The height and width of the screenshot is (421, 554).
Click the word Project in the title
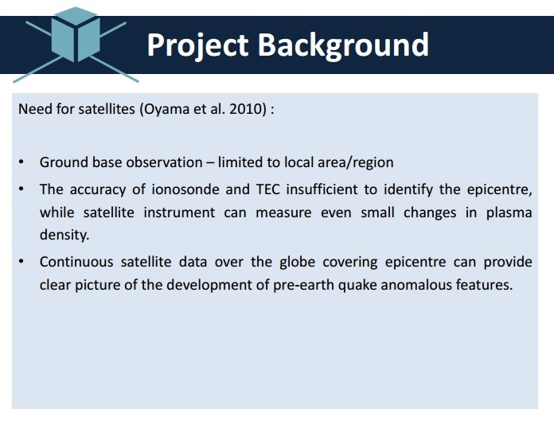click(197, 46)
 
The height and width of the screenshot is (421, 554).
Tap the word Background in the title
click(343, 46)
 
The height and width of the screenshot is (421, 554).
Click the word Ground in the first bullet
click(64, 162)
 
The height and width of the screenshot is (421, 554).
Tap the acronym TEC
click(267, 189)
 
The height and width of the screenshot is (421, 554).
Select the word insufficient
click(322, 189)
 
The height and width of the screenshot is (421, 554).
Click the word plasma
click(509, 213)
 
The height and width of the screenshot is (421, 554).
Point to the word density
click(64, 236)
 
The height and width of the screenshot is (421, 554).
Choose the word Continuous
click(76, 262)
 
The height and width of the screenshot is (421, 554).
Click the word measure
click(283, 213)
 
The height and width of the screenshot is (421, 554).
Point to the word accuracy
click(98, 190)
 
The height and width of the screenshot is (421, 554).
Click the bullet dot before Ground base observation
click(21, 162)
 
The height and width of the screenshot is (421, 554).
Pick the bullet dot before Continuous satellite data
click(21, 262)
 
